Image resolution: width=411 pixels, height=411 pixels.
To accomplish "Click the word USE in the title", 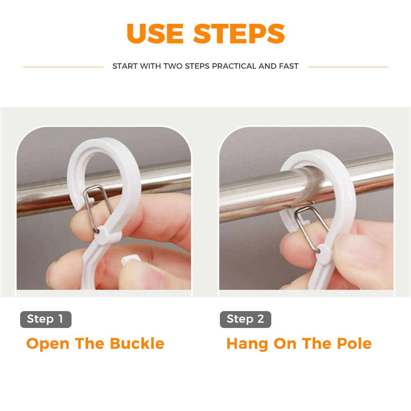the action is point(155,33).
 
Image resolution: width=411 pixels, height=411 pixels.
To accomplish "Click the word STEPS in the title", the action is point(239,33).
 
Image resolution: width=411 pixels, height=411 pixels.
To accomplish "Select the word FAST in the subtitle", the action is point(289,66).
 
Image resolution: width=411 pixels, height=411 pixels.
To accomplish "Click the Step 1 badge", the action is point(46,319).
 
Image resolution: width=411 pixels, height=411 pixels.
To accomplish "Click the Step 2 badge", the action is point(245,319).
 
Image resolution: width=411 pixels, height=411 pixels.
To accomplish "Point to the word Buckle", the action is point(137,343).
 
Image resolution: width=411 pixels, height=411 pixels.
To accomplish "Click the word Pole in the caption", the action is point(354,343).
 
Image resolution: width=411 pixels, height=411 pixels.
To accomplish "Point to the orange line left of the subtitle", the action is point(63,67).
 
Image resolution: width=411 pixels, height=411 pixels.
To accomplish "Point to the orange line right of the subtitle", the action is point(348,67).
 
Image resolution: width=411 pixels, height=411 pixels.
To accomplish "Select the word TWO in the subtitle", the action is point(173,66).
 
